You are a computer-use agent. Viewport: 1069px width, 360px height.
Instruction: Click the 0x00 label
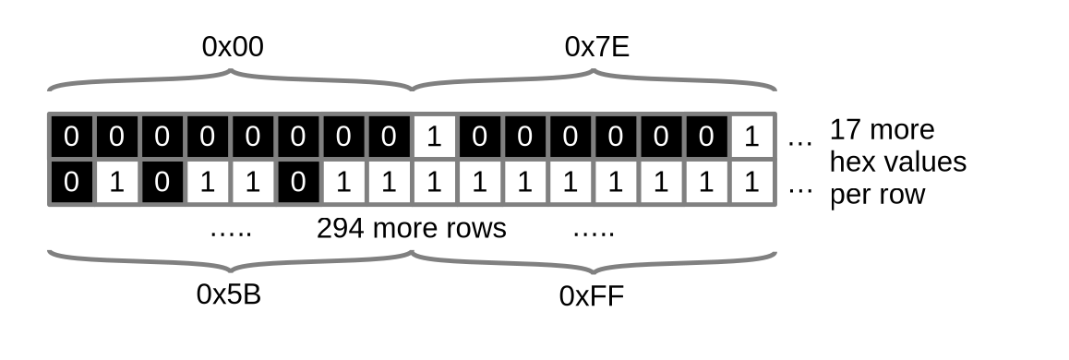[233, 48]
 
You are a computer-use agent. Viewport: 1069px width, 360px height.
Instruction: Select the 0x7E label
[596, 48]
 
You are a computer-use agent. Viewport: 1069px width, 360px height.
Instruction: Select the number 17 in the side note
[846, 129]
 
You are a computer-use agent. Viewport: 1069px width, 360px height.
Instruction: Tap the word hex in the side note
[849, 162]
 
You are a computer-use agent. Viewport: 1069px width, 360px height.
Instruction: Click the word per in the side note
[851, 195]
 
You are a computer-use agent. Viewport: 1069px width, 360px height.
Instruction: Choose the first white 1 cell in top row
[434, 138]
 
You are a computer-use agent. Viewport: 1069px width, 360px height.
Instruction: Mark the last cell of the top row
[751, 138]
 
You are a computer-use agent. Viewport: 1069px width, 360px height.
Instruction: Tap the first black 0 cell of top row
[72, 138]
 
